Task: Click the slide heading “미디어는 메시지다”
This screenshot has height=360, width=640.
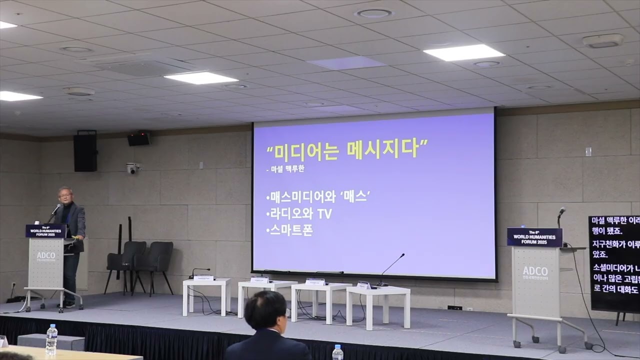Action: [x=347, y=149]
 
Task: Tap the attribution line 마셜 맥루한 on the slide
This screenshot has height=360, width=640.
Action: [x=285, y=169]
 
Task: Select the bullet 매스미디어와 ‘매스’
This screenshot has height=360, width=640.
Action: [x=317, y=196]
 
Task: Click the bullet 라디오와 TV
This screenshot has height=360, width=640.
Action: [x=299, y=213]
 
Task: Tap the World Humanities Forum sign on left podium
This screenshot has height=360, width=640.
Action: [x=45, y=230]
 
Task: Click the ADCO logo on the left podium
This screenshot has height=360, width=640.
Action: [x=46, y=255]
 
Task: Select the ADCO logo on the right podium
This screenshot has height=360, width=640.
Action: [x=534, y=271]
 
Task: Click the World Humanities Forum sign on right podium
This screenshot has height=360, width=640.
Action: [x=534, y=237]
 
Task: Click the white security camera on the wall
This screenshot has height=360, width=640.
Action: [x=132, y=168]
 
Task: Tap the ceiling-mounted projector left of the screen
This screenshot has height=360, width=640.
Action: [x=139, y=138]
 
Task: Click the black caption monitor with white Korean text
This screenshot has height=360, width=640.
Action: [x=614, y=263]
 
